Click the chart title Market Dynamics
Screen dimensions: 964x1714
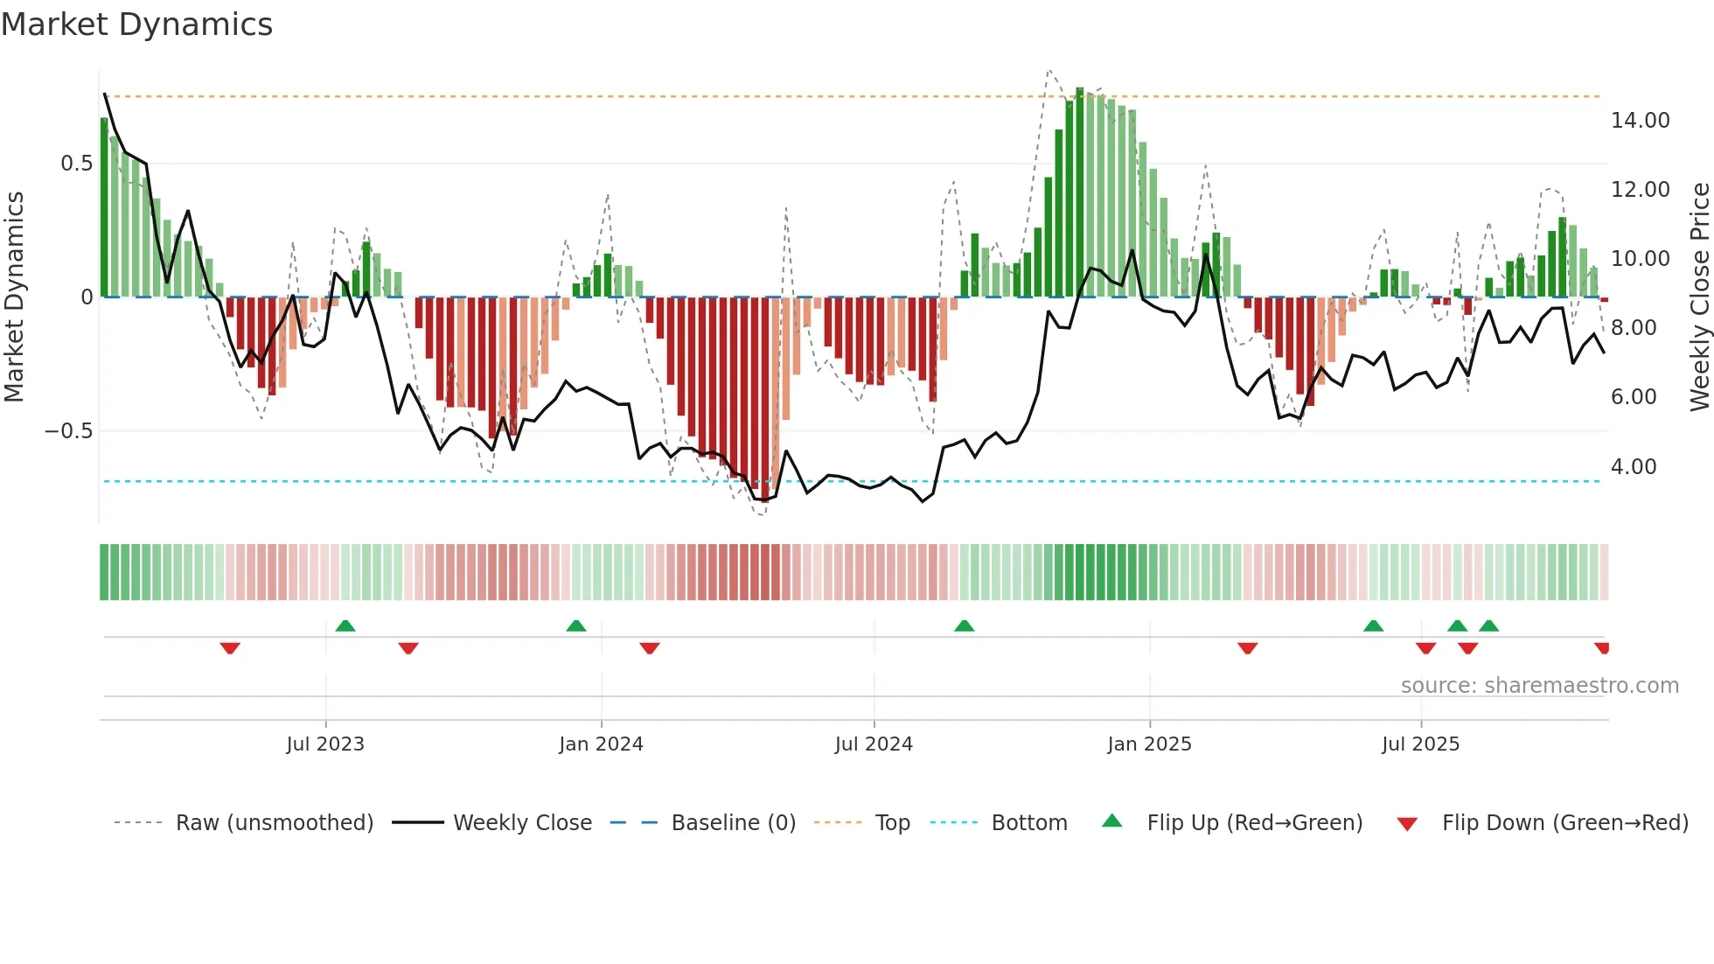pyautogui.click(x=137, y=24)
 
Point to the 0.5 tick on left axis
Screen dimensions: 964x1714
pyautogui.click(x=76, y=164)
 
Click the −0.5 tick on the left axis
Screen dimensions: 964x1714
pyautogui.click(x=68, y=431)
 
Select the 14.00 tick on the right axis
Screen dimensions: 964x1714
pyautogui.click(x=1640, y=121)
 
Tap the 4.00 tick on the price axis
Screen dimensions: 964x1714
pyautogui.click(x=1633, y=467)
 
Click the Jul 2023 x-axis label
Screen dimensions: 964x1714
pyautogui.click(x=325, y=744)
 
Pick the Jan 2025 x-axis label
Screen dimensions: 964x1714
pyautogui.click(x=1149, y=744)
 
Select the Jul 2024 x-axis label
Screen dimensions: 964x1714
pyautogui.click(x=874, y=744)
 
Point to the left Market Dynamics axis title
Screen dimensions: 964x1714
pyautogui.click(x=14, y=297)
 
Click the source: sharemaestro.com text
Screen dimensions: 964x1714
pyautogui.click(x=1539, y=686)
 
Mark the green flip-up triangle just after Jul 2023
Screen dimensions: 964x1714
pyautogui.click(x=345, y=626)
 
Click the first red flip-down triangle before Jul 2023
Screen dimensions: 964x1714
pyautogui.click(x=230, y=647)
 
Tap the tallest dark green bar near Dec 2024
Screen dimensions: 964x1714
pyautogui.click(x=1080, y=192)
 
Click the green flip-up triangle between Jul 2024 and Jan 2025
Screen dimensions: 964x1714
pyautogui.click(x=964, y=626)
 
